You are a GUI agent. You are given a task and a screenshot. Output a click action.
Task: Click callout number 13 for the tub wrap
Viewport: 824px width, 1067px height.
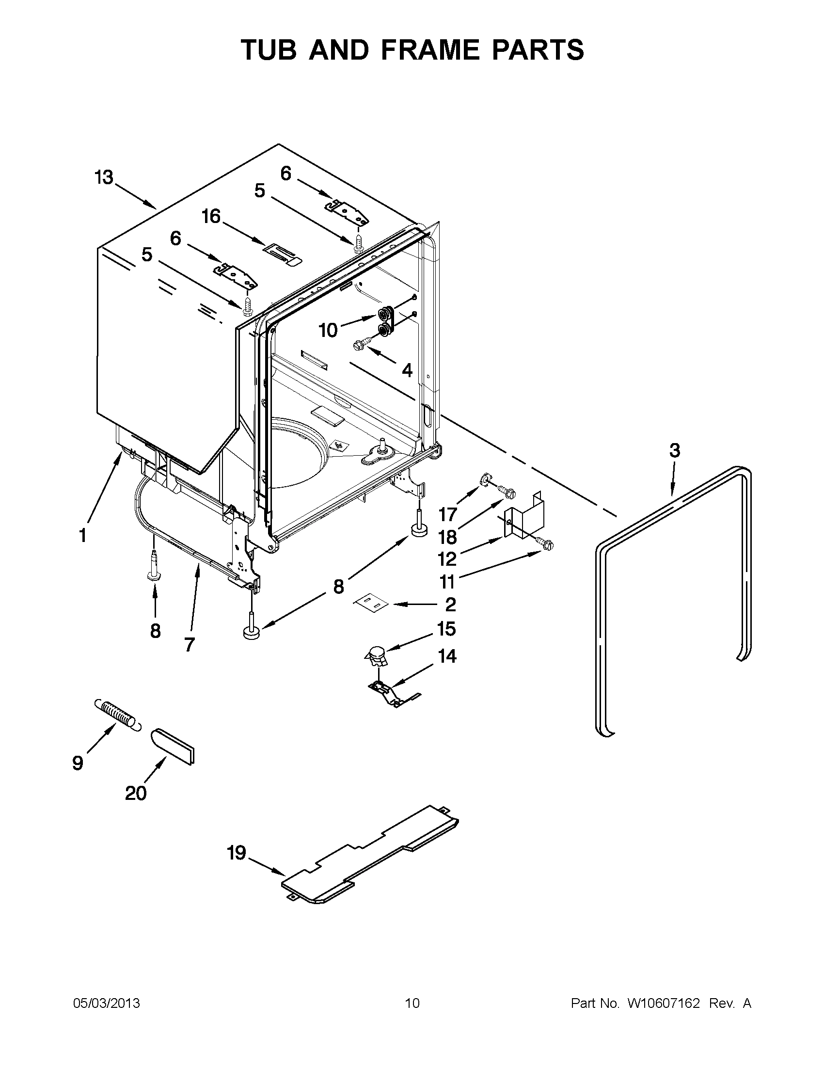click(104, 177)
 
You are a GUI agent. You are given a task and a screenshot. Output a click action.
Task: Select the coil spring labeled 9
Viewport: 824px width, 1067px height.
click(117, 716)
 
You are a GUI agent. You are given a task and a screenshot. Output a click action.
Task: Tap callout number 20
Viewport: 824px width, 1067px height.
click(136, 793)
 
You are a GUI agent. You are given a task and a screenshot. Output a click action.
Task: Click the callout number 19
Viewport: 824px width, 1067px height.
click(237, 853)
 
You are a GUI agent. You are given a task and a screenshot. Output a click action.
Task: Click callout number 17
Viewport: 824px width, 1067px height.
click(447, 514)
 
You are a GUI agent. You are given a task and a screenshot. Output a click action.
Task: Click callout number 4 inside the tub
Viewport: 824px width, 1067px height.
click(407, 370)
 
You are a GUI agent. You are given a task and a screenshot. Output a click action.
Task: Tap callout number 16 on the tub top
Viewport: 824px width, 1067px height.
click(211, 216)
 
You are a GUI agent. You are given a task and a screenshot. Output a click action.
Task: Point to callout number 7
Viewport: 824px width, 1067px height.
click(190, 644)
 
